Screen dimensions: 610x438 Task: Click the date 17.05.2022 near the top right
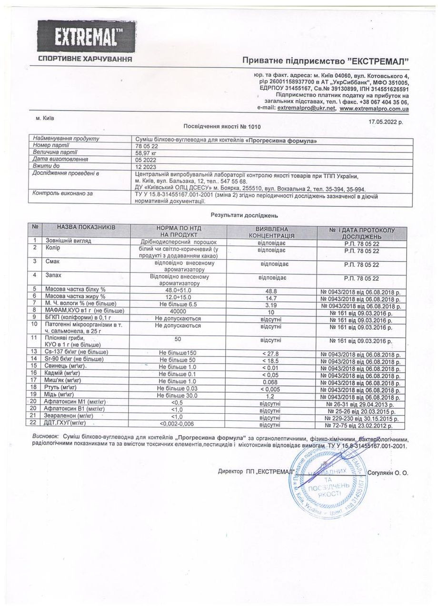pos(386,122)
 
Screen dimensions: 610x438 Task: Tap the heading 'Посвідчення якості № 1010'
pos(222,127)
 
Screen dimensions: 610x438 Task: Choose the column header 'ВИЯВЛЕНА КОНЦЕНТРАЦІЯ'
pos(272,232)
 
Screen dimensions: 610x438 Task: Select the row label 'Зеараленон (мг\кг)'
pos(70,417)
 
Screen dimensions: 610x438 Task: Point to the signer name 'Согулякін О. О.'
pos(388,472)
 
